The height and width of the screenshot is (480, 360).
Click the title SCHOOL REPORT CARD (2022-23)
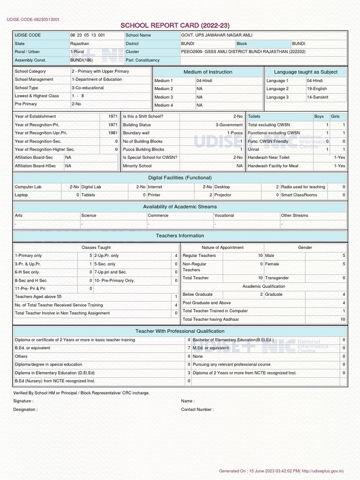175,25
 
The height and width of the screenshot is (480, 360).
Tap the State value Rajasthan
79,44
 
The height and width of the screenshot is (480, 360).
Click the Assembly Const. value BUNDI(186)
82,60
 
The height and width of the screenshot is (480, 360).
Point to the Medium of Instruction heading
208,72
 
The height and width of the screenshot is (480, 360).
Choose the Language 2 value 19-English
317,89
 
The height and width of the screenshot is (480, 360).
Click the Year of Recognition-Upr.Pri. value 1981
112,133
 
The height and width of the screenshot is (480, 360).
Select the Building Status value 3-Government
229,125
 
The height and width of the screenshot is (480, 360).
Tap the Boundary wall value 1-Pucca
235,133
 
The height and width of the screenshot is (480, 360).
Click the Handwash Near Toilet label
269,157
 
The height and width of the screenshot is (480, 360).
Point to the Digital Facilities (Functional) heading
180,178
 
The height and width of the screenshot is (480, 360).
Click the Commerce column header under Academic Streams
158,216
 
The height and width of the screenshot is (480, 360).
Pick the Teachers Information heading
180,236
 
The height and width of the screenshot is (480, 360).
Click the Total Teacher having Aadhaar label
210,319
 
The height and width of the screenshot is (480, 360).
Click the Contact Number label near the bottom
197,410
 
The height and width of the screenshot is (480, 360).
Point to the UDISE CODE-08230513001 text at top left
33,20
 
